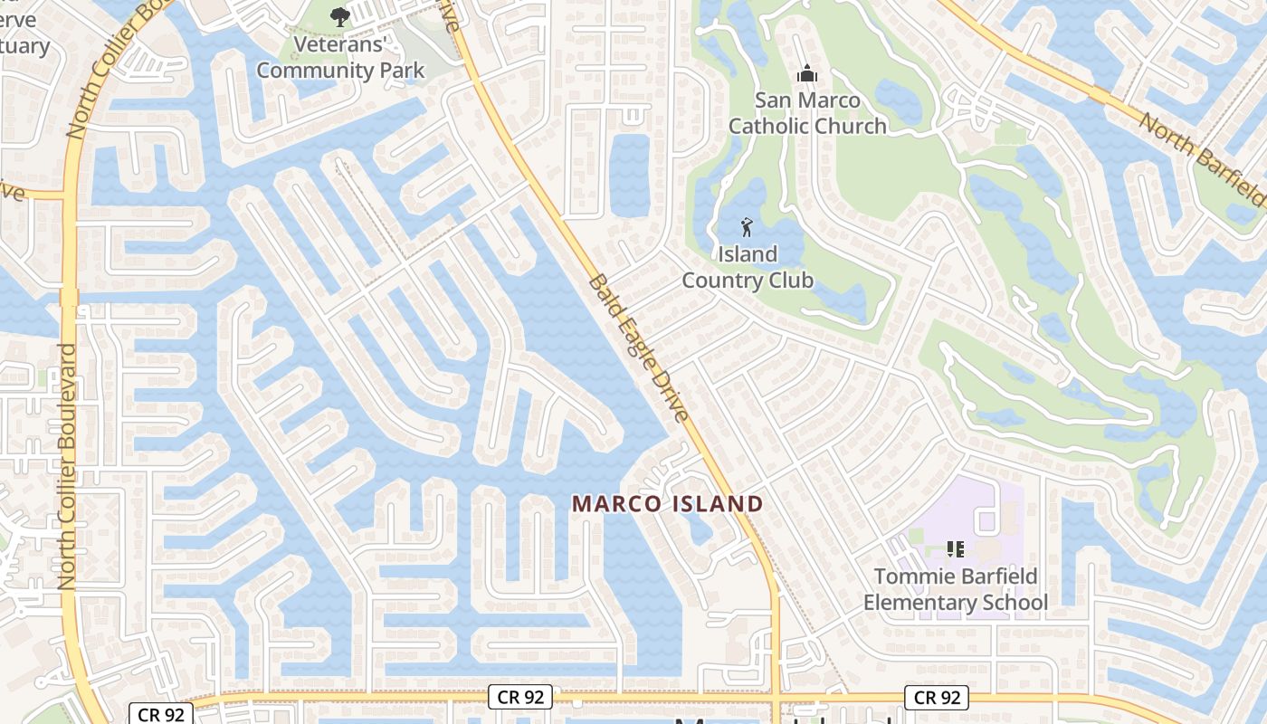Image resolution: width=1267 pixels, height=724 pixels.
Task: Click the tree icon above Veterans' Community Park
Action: click(339, 15)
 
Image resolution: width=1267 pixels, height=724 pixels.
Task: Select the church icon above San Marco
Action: click(806, 73)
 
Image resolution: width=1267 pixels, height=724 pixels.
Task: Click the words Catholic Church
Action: click(807, 126)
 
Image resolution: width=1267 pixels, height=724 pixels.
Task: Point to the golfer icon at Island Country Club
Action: click(747, 227)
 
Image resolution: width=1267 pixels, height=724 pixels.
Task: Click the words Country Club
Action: click(748, 281)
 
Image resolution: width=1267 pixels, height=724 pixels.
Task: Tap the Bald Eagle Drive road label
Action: click(639, 348)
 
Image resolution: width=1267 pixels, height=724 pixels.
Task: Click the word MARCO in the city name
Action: click(618, 504)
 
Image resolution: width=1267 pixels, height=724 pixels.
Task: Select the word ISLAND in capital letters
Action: click(718, 504)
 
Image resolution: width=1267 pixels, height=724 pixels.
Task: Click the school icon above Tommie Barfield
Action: click(955, 548)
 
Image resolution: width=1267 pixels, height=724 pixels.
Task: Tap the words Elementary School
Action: click(955, 603)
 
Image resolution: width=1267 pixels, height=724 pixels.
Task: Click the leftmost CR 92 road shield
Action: click(161, 714)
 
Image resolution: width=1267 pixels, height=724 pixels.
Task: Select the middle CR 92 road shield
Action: click(520, 697)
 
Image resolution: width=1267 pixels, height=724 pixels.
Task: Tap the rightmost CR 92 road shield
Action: click(937, 697)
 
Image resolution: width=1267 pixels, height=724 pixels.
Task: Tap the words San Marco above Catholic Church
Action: click(807, 100)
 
